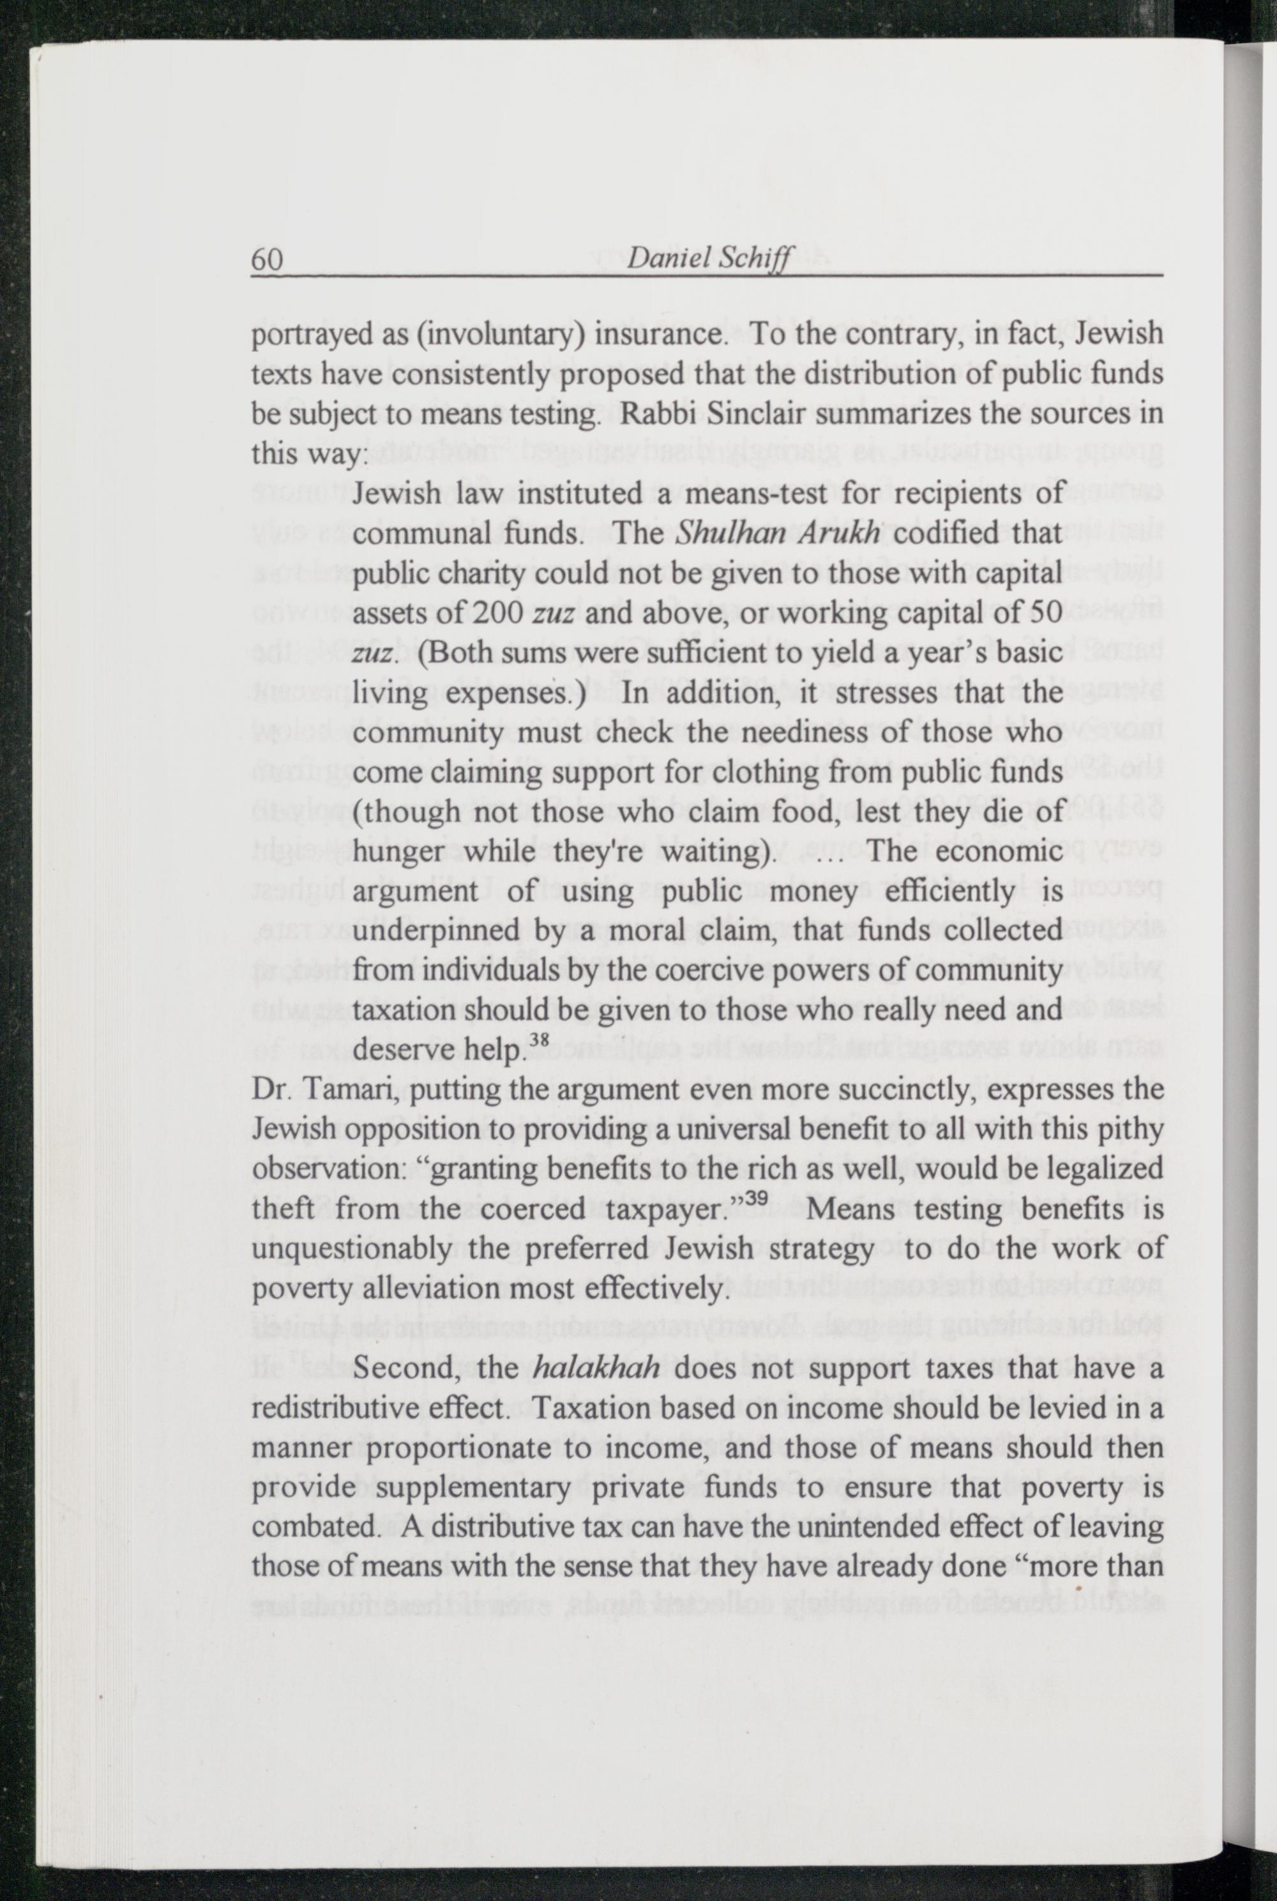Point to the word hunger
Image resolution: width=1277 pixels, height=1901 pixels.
click(399, 851)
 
